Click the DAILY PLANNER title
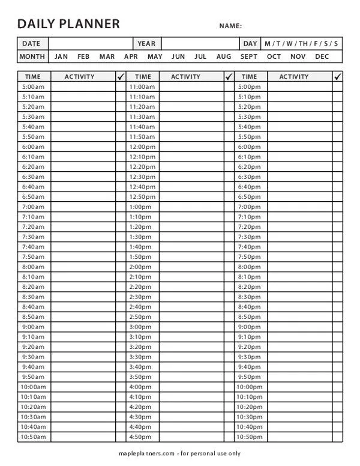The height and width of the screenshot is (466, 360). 68,24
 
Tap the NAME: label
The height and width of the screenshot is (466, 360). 230,26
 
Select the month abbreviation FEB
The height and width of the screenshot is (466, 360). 83,56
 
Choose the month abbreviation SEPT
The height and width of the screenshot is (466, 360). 249,56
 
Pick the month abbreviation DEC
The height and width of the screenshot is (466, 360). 322,56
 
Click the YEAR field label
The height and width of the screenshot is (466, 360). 146,43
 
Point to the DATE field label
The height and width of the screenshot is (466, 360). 31,43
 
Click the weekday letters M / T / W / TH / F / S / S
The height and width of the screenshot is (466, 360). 301,43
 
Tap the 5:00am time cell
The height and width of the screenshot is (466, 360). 33,86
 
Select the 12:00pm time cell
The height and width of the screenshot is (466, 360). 142,147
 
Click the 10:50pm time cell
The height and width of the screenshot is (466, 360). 250,437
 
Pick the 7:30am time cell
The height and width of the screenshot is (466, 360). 33,237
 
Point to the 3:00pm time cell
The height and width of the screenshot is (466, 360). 140,327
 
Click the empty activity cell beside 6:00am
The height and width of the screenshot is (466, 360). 83,147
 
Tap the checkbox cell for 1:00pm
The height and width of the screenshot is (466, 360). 229,207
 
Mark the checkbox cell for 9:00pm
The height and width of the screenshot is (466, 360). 337,327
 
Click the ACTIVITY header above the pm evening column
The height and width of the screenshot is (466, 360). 294,76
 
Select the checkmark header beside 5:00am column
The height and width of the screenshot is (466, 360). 120,76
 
